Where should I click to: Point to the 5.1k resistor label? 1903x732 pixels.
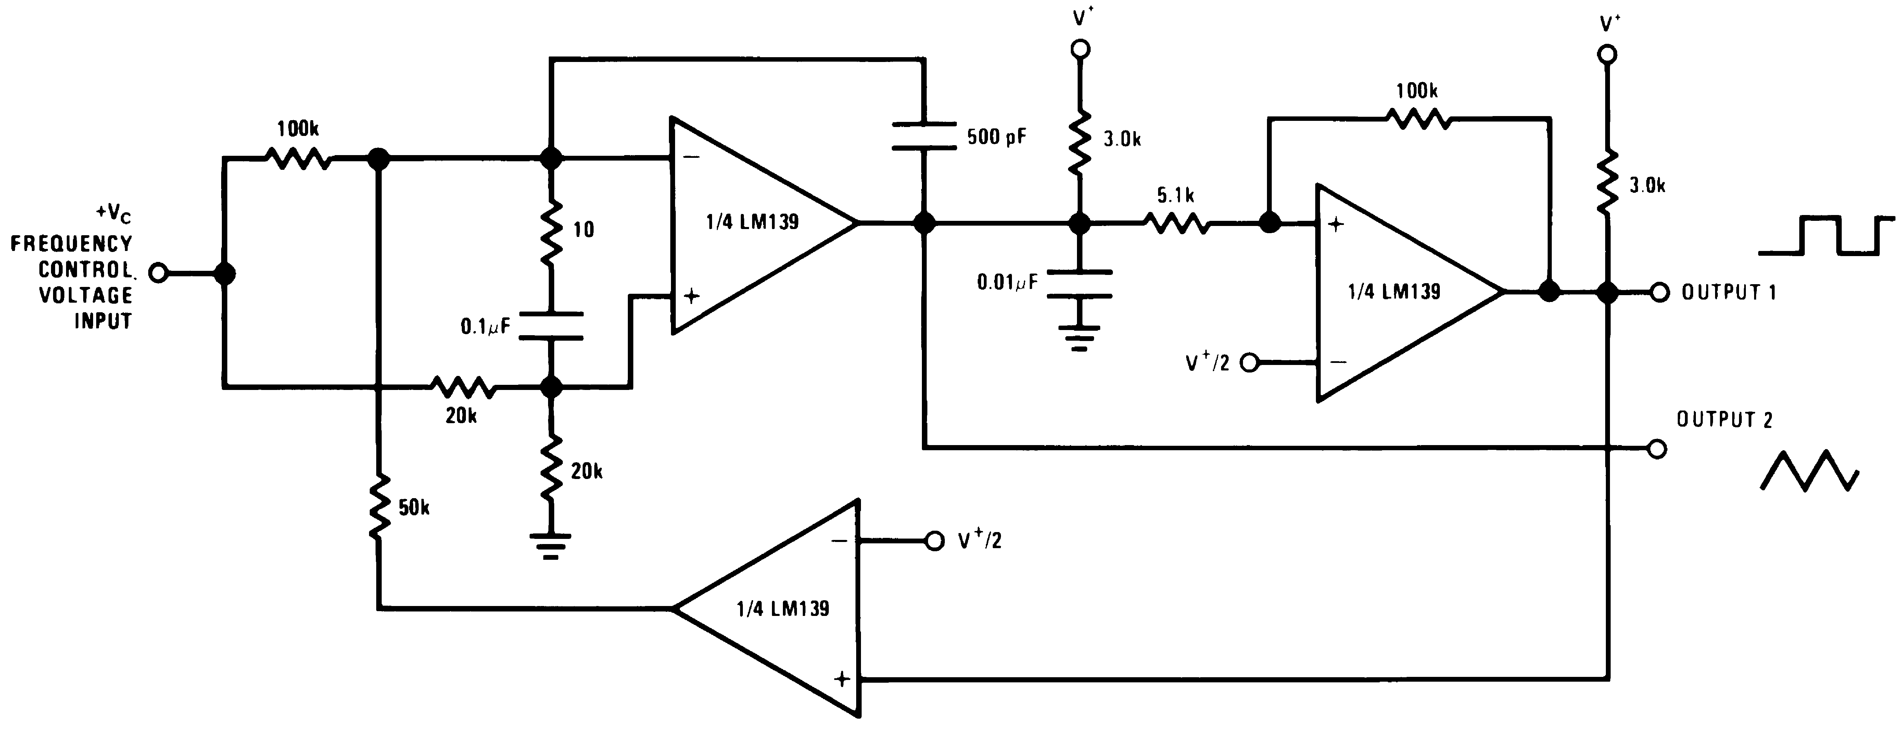pos(1175,196)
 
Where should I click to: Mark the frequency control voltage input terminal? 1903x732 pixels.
pos(158,273)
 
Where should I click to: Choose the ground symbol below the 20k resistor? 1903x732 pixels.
pos(550,546)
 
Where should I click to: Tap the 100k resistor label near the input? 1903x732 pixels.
pos(298,129)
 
